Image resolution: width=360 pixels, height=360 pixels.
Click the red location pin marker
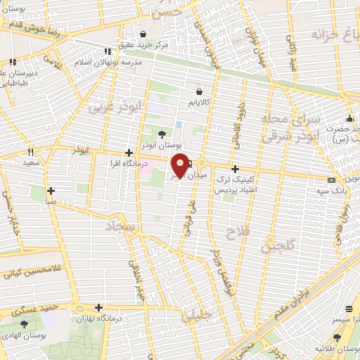pos(181,165)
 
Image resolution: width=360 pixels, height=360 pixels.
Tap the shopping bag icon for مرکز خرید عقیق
pos(143,34)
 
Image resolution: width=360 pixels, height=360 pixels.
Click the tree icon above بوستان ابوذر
pos(162,134)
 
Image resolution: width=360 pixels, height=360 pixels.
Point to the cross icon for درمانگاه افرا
pos(128,153)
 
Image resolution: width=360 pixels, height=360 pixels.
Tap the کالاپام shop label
pos(200,103)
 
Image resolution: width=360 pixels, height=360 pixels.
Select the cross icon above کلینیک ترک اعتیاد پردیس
pos(235,169)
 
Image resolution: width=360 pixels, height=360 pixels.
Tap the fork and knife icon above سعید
pos(30,152)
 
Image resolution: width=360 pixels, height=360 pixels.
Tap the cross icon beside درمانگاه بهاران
pos(98,307)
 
